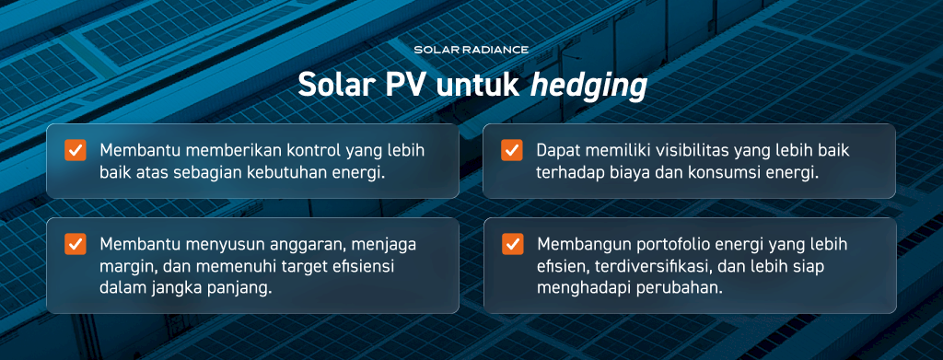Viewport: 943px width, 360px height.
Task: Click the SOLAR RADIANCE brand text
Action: coord(471,50)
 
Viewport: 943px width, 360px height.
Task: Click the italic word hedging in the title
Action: coord(588,86)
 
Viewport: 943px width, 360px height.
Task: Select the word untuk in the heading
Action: coord(477,85)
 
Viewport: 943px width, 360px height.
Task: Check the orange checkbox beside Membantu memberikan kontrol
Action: coord(76,150)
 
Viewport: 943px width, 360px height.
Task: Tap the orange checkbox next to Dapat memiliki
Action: coord(512,150)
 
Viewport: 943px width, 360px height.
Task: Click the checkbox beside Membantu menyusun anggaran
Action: coord(76,244)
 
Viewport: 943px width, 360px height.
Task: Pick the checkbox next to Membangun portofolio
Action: coord(512,244)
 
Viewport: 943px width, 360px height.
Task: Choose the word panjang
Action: coord(238,289)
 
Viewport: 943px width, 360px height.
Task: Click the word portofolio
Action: coord(661,245)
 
